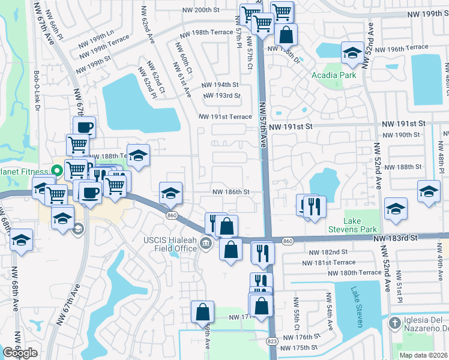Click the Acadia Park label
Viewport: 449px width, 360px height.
334,75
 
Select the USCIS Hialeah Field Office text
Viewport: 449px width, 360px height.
170,244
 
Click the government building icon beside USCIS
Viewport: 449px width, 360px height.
206,243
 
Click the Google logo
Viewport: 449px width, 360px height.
20,353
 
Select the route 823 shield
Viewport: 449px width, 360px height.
271,340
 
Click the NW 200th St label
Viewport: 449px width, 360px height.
200,10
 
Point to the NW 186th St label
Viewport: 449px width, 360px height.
231,192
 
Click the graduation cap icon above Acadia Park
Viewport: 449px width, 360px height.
351,53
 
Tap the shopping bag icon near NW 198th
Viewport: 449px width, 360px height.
287,34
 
